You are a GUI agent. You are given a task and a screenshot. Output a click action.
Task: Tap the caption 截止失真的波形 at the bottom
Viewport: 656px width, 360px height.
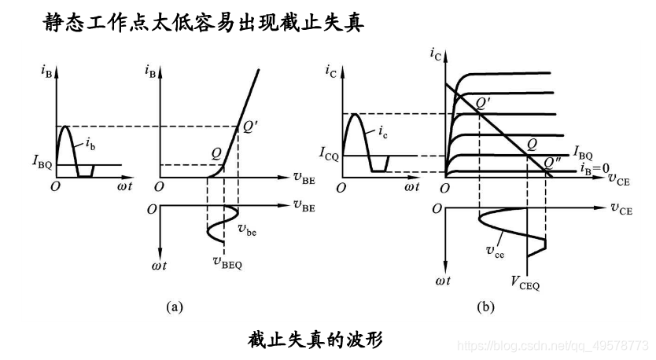point(315,340)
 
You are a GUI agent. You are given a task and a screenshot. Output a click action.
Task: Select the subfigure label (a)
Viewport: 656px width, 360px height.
point(175,307)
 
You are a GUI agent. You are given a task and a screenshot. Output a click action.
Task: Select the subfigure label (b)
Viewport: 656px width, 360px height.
point(485,307)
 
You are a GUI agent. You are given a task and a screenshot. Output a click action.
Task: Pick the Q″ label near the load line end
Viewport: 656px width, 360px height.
point(553,163)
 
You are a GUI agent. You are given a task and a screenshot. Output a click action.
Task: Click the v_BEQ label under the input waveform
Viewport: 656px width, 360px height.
point(227,263)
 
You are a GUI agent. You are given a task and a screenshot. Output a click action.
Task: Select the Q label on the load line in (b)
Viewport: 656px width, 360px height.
point(532,144)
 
